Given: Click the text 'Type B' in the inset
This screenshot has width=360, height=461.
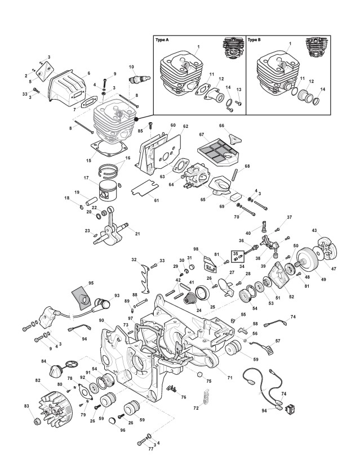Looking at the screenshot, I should [x=254, y=41].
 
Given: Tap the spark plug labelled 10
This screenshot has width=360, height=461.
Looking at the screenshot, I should [x=135, y=79].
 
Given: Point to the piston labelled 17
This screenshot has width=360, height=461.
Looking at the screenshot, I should [x=110, y=189].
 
